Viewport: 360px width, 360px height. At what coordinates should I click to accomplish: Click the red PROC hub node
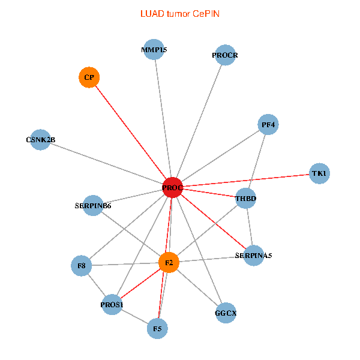(172, 188)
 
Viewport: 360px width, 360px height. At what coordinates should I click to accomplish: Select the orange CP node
(89, 77)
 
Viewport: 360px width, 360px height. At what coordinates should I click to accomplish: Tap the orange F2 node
(169, 262)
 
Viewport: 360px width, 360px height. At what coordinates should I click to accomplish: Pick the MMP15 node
(155, 50)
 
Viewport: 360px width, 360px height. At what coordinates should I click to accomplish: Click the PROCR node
(224, 55)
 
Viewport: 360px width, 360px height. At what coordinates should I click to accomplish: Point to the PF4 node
(269, 125)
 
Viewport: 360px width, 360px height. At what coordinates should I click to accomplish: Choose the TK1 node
(319, 173)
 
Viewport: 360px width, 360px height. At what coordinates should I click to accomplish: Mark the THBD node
(245, 198)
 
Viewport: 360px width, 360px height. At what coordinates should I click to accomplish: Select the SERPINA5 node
(254, 255)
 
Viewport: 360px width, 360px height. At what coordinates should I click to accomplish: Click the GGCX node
(226, 313)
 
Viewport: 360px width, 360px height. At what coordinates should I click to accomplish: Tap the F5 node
(157, 328)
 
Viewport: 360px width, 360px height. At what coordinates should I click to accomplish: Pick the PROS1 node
(112, 305)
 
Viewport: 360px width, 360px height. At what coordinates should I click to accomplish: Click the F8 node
(81, 265)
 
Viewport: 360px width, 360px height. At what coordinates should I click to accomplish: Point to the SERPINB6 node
(93, 206)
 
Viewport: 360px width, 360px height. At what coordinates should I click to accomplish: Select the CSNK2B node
(40, 140)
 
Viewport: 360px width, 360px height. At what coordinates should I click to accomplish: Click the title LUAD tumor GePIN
(179, 13)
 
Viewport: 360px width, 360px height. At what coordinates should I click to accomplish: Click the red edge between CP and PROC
(130, 133)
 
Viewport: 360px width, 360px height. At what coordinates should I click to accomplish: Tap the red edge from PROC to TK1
(246, 181)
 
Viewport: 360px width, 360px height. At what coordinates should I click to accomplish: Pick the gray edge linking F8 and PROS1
(97, 285)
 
